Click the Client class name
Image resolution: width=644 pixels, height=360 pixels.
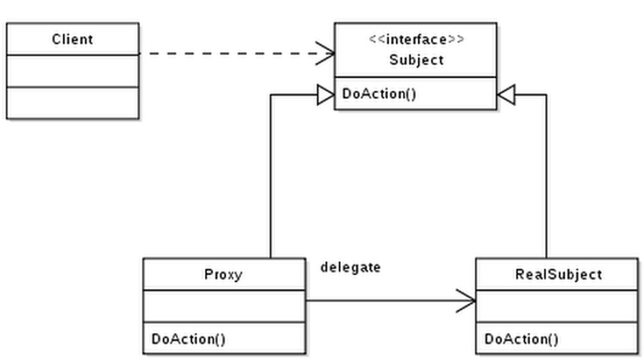point(72,39)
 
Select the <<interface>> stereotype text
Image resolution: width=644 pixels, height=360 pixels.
point(416,40)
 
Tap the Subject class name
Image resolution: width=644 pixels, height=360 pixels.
point(416,60)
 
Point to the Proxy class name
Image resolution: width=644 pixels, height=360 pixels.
point(223,274)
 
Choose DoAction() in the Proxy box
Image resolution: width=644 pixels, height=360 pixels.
point(188,339)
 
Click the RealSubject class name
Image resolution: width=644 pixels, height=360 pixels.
point(558,274)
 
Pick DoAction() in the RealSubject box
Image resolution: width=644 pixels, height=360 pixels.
point(521,339)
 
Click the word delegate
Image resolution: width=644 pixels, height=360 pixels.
point(350,267)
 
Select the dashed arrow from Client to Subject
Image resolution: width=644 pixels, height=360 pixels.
point(233,53)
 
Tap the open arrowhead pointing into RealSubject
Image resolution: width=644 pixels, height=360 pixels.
point(466,301)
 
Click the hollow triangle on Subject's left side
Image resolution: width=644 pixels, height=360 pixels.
point(326,95)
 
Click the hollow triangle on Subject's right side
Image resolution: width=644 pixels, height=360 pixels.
point(505,95)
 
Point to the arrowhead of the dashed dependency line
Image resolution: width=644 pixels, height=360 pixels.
point(326,53)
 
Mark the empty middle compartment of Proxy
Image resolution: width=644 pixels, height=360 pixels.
point(223,307)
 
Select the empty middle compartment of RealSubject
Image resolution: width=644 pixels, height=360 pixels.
point(558,307)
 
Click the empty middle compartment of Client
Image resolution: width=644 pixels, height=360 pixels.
point(72,70)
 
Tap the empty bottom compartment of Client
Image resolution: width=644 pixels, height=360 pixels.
point(72,103)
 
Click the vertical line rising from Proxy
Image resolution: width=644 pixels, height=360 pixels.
point(270,176)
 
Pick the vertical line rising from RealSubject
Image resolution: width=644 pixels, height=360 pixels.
point(547,176)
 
